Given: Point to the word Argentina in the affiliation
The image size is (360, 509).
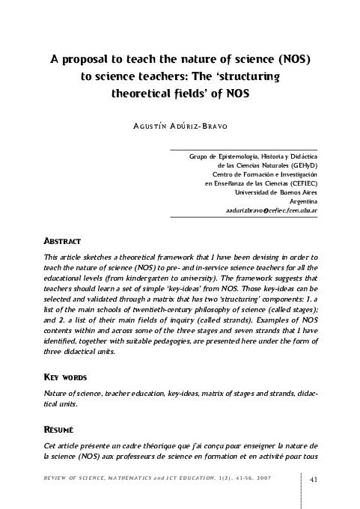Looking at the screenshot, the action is (x=303, y=201).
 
